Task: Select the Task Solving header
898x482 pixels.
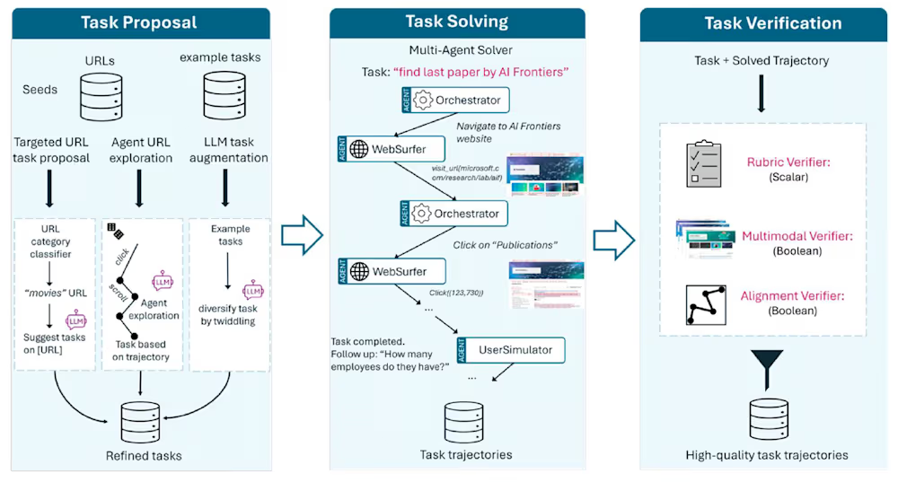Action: point(456,22)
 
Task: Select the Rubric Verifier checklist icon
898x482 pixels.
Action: point(704,164)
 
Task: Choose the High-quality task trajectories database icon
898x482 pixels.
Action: point(766,418)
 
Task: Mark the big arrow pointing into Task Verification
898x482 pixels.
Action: point(614,236)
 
